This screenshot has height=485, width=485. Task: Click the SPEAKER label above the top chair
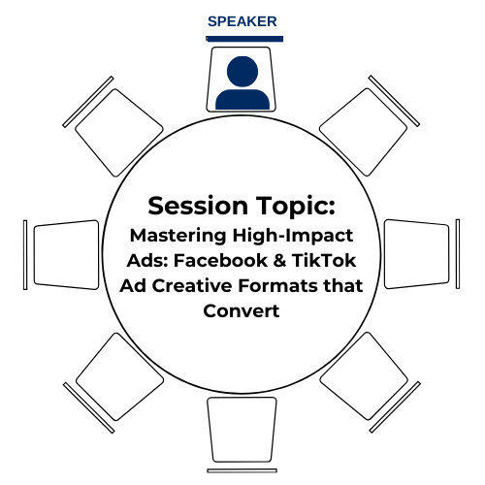click(242, 21)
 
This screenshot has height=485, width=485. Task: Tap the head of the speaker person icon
click(242, 72)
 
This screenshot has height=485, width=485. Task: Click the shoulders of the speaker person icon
click(242, 99)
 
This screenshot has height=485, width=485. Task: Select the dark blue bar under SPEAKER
click(244, 39)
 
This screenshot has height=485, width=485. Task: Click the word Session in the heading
click(198, 206)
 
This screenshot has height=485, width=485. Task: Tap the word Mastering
click(178, 236)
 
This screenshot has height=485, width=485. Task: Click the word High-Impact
click(293, 236)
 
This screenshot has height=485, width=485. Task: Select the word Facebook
click(220, 261)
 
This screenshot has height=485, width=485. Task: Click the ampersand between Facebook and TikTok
click(279, 261)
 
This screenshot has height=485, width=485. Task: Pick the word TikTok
click(324, 261)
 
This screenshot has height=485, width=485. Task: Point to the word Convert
click(242, 311)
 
